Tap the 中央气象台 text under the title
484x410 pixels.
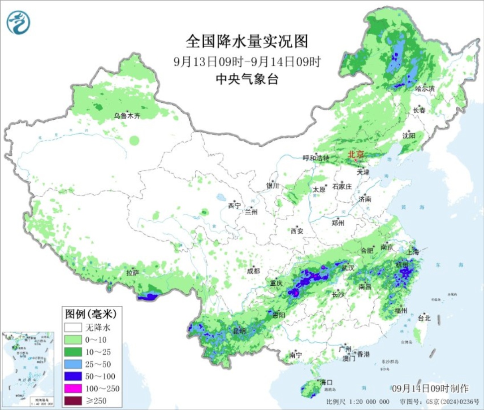pyautogui.click(x=247, y=79)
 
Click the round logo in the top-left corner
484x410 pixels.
pyautogui.click(x=18, y=22)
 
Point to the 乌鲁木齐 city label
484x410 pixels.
pyautogui.click(x=127, y=116)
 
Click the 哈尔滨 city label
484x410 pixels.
pyautogui.click(x=425, y=88)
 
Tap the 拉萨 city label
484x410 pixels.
pyautogui.click(x=132, y=272)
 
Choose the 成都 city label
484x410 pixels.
pyautogui.click(x=253, y=270)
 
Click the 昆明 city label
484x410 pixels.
pyautogui.click(x=240, y=331)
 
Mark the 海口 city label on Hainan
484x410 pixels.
pyautogui.click(x=326, y=382)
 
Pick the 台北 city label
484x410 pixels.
pyautogui.click(x=424, y=318)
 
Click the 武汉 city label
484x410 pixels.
pyautogui.click(x=348, y=268)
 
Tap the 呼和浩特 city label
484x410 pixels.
pyautogui.click(x=316, y=158)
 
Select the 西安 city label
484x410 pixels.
pyautogui.click(x=297, y=231)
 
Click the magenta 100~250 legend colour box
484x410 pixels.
pyautogui.click(x=73, y=388)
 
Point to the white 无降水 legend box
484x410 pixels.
pyautogui.click(x=73, y=327)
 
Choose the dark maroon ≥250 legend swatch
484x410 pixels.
pyautogui.click(x=73, y=401)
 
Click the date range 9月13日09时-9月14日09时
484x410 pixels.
pyautogui.click(x=247, y=61)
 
